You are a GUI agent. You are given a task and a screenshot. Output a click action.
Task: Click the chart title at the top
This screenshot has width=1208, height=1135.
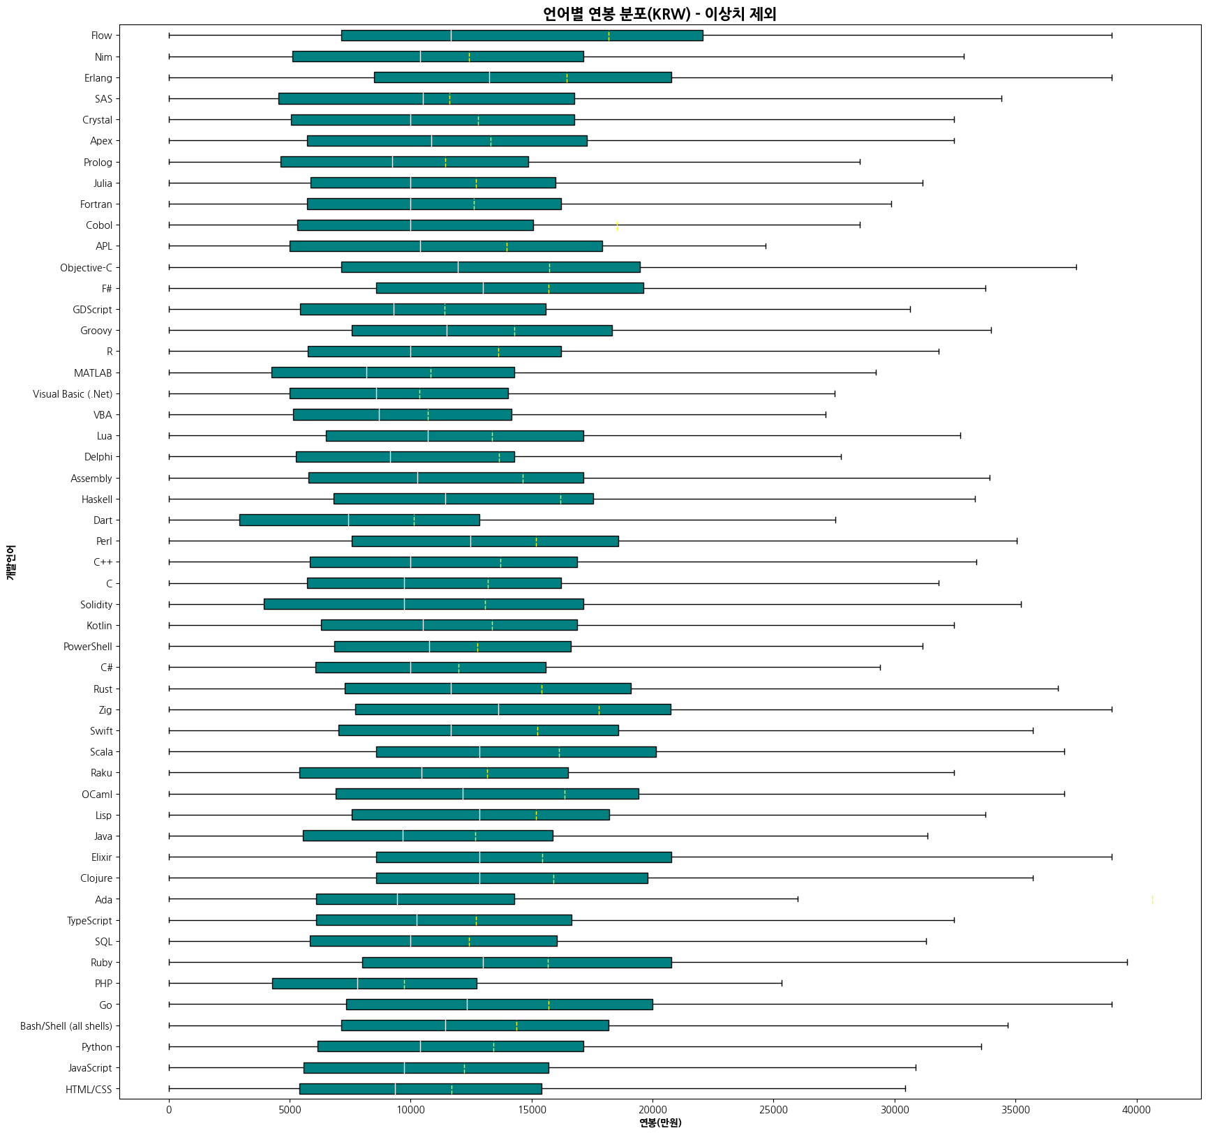659,14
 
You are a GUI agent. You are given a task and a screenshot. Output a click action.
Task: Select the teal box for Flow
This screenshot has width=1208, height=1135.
522,36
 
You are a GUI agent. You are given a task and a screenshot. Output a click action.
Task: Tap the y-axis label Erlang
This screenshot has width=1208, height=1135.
98,78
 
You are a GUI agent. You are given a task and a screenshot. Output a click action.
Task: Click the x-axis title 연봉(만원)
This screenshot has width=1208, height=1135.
660,1122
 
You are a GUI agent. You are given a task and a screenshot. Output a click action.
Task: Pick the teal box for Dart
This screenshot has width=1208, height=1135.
359,520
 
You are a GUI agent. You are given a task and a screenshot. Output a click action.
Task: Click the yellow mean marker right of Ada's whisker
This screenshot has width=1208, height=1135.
1152,899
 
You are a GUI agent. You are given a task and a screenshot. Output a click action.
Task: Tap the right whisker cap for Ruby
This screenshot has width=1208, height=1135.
1127,963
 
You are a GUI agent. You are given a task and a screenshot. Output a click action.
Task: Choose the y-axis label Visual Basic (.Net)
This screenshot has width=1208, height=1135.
73,394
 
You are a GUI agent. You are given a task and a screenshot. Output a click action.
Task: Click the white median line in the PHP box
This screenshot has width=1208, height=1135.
358,984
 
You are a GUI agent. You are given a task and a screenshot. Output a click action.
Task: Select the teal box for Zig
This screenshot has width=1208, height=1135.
513,709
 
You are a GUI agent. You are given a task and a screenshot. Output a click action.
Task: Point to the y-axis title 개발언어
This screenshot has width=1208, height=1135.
10,563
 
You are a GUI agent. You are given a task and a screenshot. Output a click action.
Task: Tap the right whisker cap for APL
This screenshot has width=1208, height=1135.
766,246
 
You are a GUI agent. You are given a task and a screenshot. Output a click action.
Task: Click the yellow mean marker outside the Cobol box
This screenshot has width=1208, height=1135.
617,225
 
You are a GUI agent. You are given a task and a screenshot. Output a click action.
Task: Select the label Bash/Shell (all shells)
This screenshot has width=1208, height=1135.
66,1026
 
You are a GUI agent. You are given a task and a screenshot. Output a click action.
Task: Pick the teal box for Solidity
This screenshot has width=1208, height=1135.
424,604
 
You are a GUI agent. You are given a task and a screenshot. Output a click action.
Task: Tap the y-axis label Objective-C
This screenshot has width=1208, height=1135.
86,268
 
